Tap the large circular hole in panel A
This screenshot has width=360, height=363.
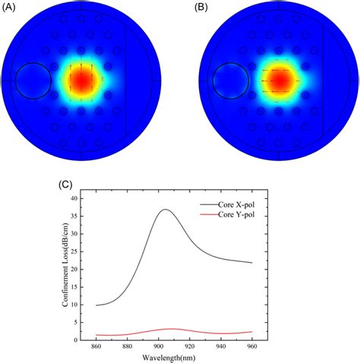(33, 81)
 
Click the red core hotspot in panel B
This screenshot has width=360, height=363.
(279, 80)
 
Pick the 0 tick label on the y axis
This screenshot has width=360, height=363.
(82, 340)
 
